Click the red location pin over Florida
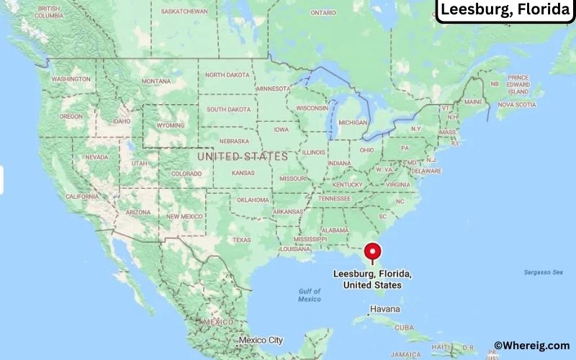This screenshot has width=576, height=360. coord(372,252)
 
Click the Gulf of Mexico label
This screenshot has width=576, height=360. coord(310,294)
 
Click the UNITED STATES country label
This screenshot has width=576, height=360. coord(242,156)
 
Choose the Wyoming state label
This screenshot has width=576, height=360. coord(170,125)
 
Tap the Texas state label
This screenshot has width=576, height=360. coord(241,240)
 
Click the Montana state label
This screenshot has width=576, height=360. coord(156,81)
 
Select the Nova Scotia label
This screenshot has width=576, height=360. coord(516,104)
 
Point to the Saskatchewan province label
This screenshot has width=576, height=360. coord(185,12)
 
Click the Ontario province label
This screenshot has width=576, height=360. coord(323,13)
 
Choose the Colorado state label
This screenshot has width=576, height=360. coord(186,174)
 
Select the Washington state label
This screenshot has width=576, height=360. coord(71,78)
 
